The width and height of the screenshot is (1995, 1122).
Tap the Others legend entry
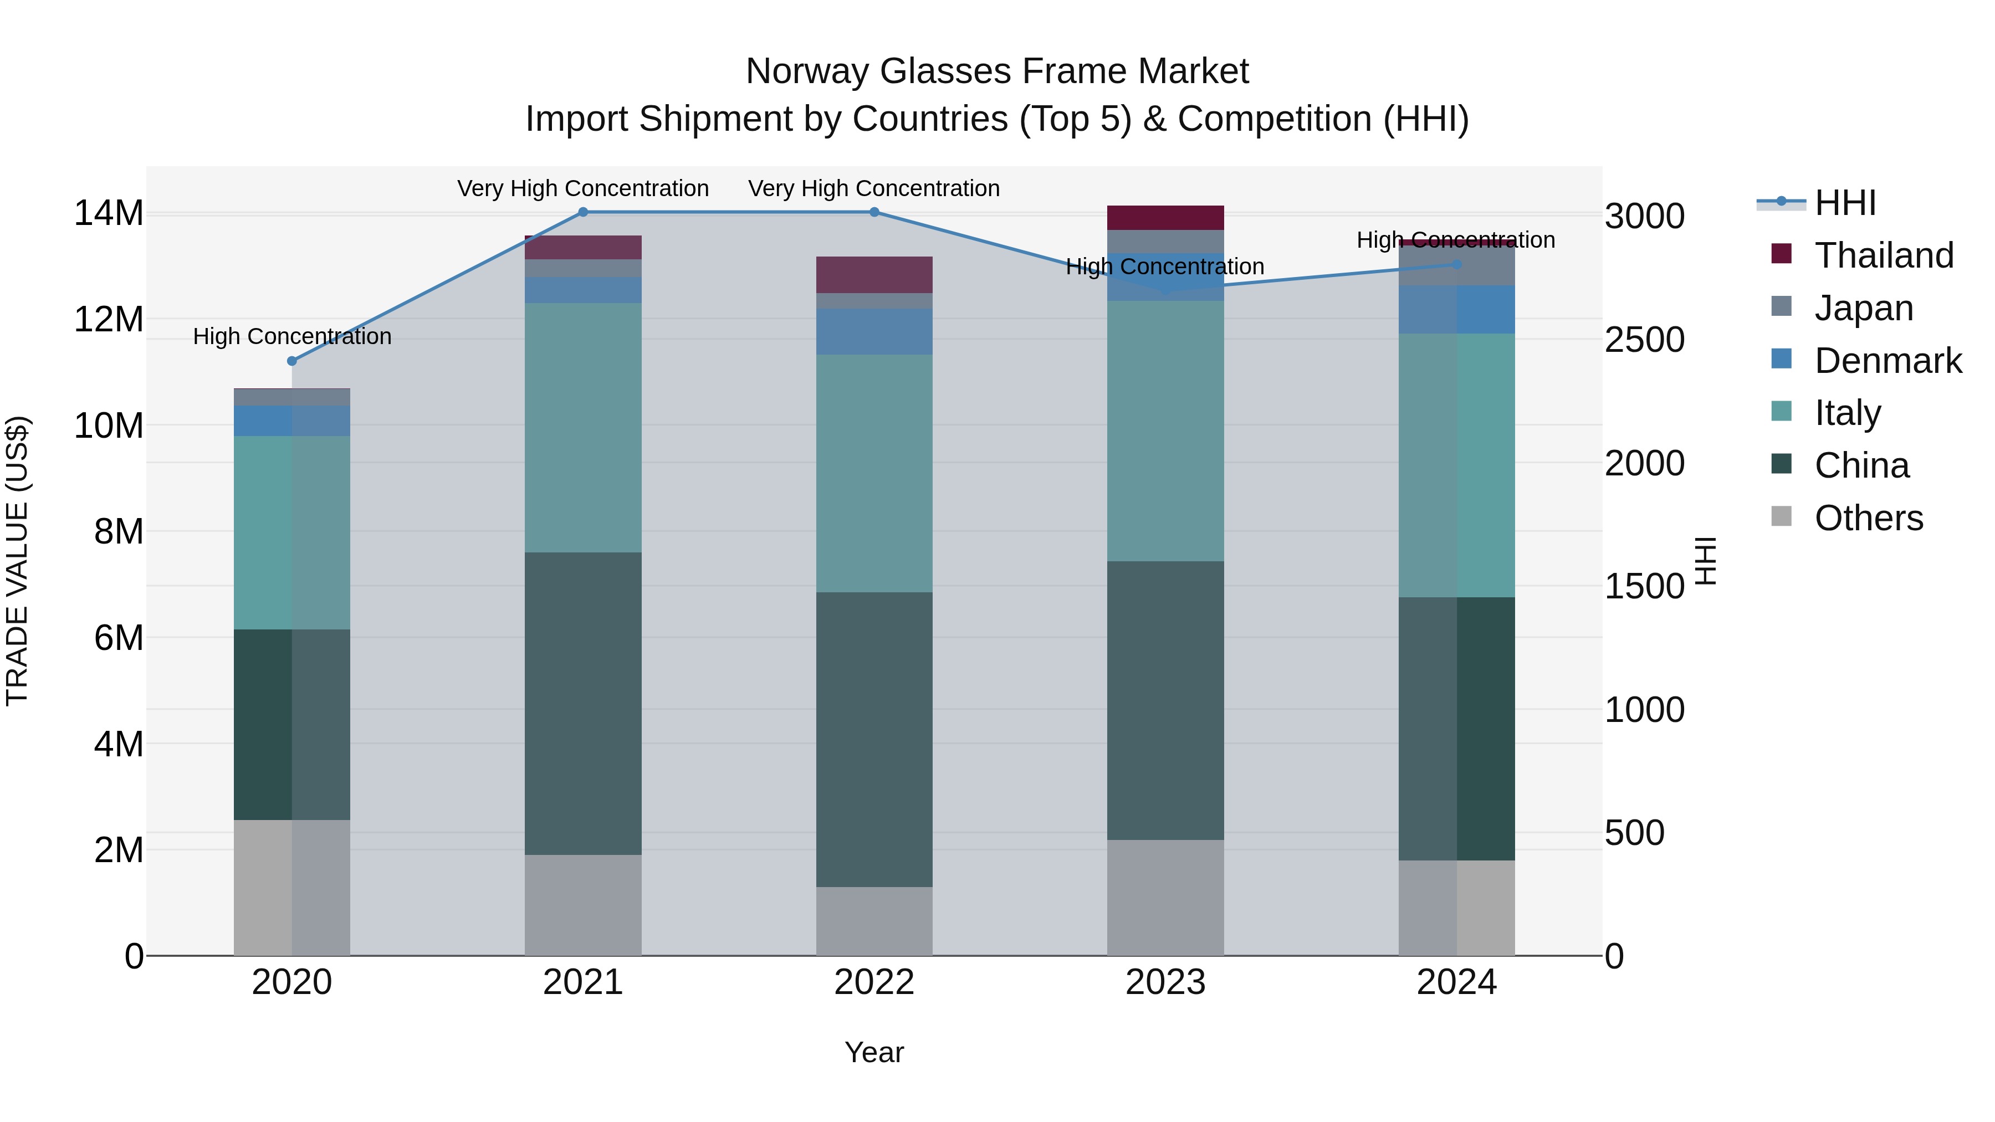tap(1868, 518)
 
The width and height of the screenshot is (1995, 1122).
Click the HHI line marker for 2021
tap(583, 212)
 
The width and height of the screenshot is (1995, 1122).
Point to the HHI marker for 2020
tap(292, 361)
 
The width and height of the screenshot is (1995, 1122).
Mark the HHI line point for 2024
tap(1456, 265)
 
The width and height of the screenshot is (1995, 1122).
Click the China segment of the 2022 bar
tap(874, 740)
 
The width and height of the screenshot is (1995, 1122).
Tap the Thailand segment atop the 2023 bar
tap(1165, 218)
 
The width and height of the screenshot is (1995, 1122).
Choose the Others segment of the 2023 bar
tap(1165, 898)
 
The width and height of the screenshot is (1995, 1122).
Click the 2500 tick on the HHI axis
tap(1644, 340)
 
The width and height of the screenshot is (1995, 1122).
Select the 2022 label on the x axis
tap(874, 982)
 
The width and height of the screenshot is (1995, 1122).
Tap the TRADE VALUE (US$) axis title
tap(17, 561)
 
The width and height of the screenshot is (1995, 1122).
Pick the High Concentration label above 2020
tap(292, 337)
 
